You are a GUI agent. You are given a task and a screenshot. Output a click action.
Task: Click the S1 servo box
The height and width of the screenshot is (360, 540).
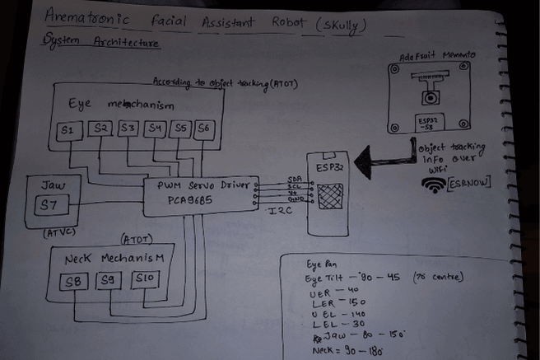point(68,131)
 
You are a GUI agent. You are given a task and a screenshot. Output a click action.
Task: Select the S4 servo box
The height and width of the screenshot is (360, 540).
point(154,129)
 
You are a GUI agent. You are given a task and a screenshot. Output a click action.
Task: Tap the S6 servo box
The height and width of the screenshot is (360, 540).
point(203,129)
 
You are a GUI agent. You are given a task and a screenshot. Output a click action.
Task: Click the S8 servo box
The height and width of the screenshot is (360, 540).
point(73,283)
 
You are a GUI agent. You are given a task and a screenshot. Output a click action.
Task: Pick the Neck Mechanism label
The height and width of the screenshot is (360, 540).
point(116,259)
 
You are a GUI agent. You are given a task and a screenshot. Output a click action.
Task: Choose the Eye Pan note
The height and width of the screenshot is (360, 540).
point(323,266)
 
